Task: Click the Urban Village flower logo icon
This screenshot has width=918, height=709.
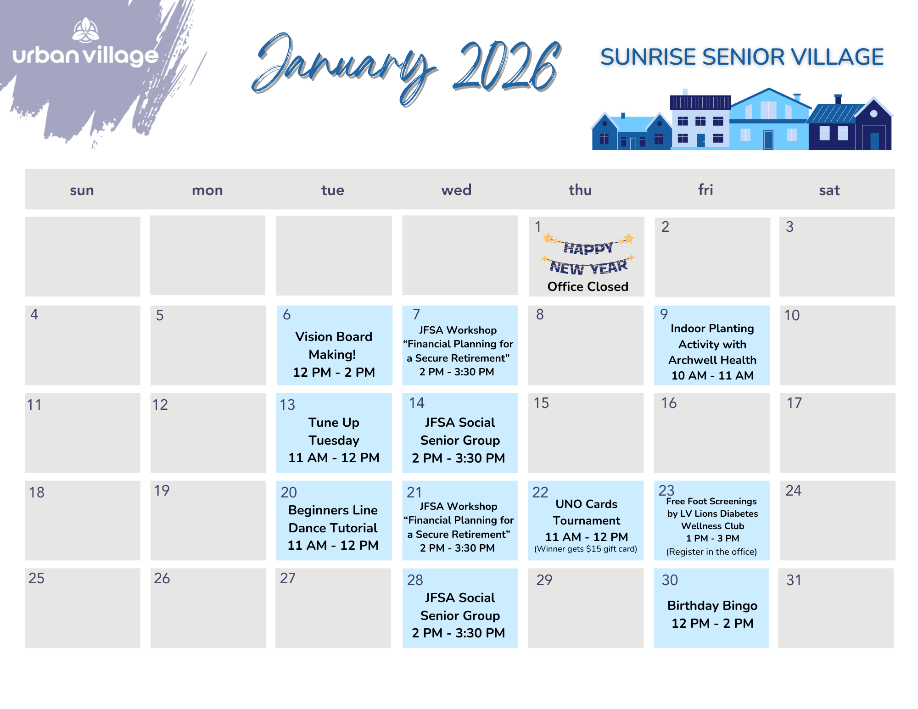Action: tap(85, 30)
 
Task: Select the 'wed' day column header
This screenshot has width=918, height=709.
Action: tap(456, 190)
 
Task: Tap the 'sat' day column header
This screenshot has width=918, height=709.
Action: tap(829, 190)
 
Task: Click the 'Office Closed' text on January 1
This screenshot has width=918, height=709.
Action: tap(588, 286)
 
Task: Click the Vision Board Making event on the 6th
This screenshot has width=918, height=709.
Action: tap(334, 354)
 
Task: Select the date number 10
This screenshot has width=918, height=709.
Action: tap(792, 315)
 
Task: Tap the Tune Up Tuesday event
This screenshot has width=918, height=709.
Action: tap(334, 440)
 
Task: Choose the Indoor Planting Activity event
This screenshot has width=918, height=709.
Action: tap(712, 352)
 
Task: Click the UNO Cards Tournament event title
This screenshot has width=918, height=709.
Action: tap(586, 512)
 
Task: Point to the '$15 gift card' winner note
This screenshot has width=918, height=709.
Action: tap(586, 549)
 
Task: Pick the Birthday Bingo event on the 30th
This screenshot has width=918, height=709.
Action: tap(712, 614)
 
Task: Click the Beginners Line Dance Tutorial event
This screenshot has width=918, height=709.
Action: tap(333, 527)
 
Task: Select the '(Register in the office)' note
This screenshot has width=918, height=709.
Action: tap(711, 552)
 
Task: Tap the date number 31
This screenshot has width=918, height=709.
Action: tap(794, 580)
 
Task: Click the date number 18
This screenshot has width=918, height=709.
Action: tap(37, 492)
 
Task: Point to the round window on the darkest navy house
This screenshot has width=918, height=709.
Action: tap(873, 113)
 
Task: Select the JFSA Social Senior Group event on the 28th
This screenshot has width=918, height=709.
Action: tap(459, 615)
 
